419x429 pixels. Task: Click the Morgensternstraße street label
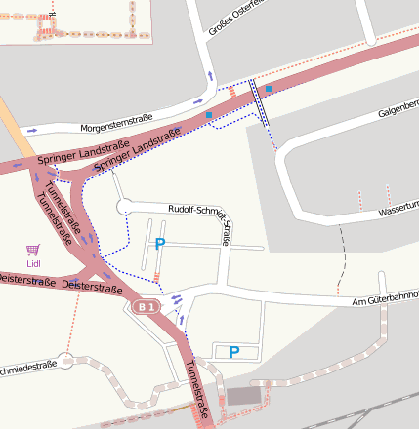tap(116, 123)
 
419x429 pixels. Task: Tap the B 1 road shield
tap(146, 307)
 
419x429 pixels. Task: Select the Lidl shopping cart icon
tap(33, 250)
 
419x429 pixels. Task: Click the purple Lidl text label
tap(33, 263)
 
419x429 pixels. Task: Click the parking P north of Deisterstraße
tap(160, 244)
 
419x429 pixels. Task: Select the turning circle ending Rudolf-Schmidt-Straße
tap(123, 207)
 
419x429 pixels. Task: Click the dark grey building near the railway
tap(245, 395)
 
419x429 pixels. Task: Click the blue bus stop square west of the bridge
tap(209, 116)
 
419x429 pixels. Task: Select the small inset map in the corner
tap(76, 21)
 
